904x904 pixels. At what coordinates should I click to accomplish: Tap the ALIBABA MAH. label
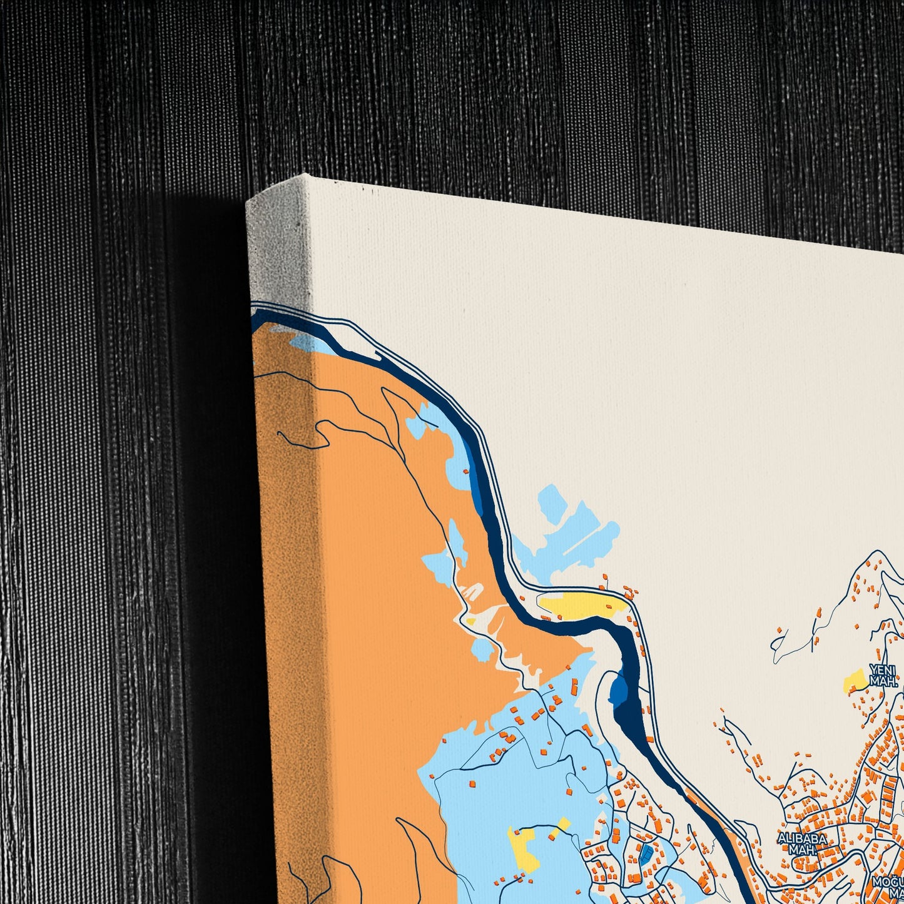802,845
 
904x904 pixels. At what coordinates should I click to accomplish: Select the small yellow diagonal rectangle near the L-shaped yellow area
560,827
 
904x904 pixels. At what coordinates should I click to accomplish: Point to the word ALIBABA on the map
802,838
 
